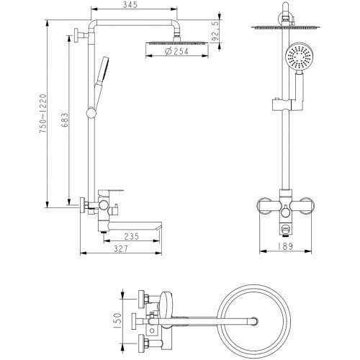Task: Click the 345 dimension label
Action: coord(130,4)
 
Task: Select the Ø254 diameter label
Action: coord(177,51)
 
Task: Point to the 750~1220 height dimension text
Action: coord(43,114)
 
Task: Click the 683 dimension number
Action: coord(65,120)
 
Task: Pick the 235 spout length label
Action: coord(132,236)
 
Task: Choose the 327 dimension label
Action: coord(121,248)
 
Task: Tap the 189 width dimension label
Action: coord(285,246)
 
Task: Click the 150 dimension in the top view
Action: coord(117,321)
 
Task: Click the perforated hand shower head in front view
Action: coord(298,57)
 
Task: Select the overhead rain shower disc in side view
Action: coord(177,43)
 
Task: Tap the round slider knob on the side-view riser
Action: coord(91,113)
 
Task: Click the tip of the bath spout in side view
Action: coord(161,228)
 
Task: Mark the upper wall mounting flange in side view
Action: coord(76,35)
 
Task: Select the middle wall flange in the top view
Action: coord(134,321)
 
